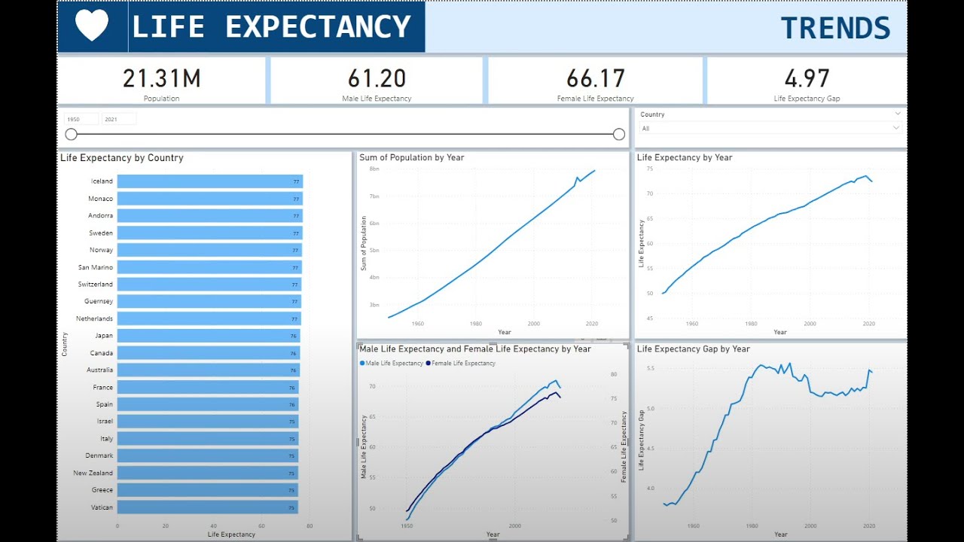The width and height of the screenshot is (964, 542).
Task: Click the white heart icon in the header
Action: coord(92,26)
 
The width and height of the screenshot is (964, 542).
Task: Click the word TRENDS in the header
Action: coord(835,29)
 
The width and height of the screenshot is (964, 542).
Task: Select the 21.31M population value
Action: coord(161,78)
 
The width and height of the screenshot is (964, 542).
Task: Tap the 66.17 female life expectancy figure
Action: coord(595,78)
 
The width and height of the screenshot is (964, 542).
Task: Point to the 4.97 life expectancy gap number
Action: coord(807,78)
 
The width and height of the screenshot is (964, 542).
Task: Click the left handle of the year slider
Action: coord(71,134)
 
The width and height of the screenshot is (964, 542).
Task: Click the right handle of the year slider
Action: coord(619,134)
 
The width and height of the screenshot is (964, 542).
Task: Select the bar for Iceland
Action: coord(209,181)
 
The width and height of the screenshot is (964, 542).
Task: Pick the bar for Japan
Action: coord(208,336)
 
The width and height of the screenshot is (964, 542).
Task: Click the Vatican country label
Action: coord(102,507)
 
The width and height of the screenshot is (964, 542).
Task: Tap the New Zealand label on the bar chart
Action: coord(93,473)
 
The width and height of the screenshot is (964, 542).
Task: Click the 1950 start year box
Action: coord(81,119)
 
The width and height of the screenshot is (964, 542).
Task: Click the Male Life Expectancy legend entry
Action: coord(394,364)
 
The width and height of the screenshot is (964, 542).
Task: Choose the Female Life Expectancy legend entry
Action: coord(462,364)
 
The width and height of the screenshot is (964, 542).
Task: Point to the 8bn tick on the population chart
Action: coord(374,169)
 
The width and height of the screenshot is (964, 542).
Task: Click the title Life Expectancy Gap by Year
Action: coord(693,349)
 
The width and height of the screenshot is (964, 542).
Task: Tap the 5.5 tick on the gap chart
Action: coord(651,368)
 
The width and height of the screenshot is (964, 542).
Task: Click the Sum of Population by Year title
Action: coord(411,158)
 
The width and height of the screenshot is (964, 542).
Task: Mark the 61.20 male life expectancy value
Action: coord(377,78)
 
